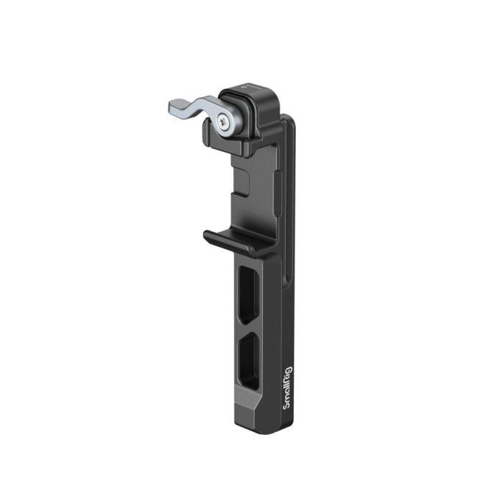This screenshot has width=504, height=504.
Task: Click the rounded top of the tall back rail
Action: [288, 124]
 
